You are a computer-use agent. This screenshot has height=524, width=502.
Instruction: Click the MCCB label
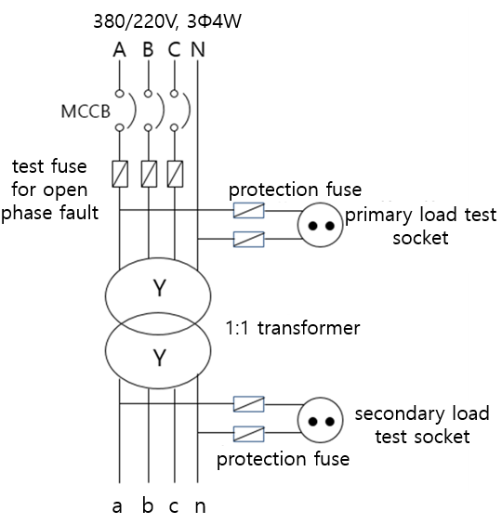(86, 111)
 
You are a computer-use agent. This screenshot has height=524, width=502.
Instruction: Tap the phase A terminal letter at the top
(119, 50)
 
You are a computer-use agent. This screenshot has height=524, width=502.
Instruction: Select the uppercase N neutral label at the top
(198, 50)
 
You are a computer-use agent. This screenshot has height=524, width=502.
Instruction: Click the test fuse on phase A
(120, 174)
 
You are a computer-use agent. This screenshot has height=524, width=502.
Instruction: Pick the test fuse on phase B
(149, 174)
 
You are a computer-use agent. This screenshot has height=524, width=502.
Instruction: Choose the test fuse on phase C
(175, 174)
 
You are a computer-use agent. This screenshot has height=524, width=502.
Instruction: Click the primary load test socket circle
(321, 225)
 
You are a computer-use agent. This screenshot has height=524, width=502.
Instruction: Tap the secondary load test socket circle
(321, 420)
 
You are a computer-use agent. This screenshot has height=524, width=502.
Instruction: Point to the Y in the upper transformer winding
(159, 288)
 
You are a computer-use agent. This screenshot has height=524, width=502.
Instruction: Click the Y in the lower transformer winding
(159, 358)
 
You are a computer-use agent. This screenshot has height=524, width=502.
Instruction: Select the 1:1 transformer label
(293, 328)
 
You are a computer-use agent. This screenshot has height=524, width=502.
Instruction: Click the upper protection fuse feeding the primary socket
(248, 211)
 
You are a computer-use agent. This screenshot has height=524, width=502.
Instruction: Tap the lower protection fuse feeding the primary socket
(248, 240)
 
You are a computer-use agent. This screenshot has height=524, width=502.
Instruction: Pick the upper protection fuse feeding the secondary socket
(248, 404)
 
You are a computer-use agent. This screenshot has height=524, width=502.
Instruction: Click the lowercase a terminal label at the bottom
(117, 506)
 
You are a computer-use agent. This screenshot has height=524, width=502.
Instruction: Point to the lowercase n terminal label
(200, 506)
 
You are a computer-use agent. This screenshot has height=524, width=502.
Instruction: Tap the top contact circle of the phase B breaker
(148, 93)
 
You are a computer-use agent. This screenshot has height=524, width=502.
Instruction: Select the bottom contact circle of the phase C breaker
(174, 127)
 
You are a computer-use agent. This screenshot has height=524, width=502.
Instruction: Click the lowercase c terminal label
(174, 506)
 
